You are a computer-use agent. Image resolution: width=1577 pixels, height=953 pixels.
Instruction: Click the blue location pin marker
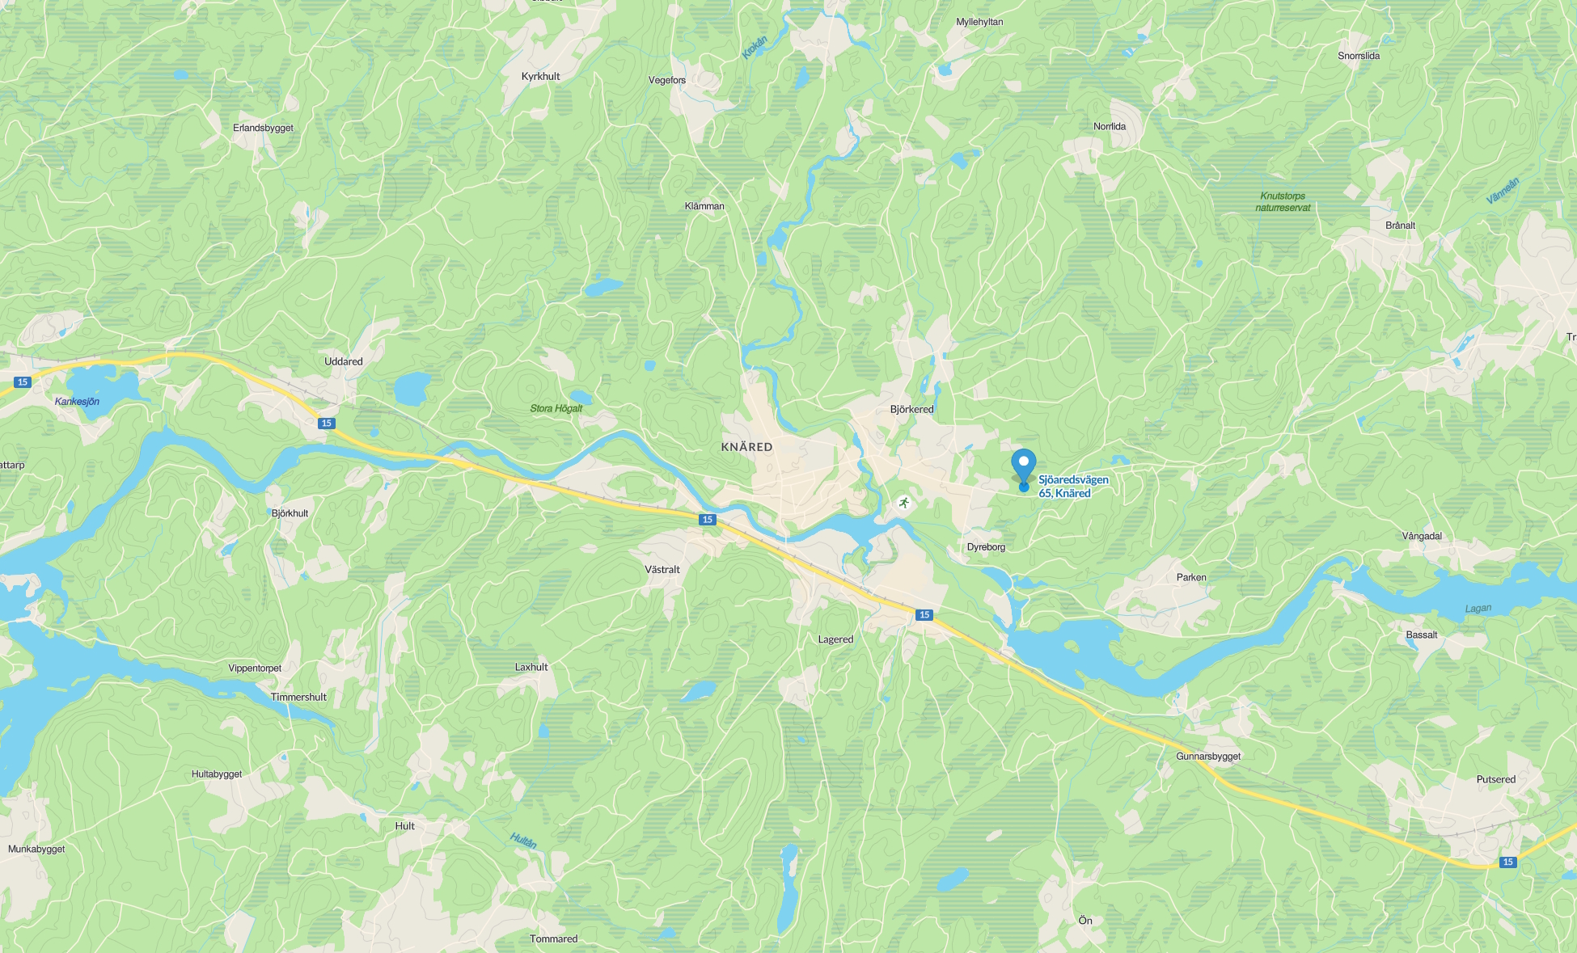pos(1024,466)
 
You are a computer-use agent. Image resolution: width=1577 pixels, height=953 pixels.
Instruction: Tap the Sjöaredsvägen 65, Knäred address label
pos(1072,487)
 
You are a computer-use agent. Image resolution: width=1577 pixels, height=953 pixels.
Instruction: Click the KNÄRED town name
pos(746,447)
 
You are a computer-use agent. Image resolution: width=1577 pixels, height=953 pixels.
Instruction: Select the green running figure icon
pos(903,503)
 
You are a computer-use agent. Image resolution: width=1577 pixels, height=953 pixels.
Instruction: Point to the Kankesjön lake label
pos(77,402)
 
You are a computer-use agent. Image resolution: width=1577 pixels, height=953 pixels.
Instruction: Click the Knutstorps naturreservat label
pos(1283,202)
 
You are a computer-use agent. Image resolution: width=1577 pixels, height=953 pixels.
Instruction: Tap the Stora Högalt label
pos(556,408)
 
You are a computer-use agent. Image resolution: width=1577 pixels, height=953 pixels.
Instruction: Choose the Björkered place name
pos(911,409)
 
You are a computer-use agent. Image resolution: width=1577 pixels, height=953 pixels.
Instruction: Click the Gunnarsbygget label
pos(1207,757)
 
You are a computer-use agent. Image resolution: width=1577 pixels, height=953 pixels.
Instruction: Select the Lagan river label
pos(1478,609)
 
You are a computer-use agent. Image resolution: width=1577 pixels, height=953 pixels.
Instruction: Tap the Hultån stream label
pos(523,841)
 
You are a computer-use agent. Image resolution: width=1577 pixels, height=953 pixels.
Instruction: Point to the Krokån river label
pos(755,47)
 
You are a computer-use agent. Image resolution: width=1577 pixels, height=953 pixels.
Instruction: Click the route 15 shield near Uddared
pos(326,424)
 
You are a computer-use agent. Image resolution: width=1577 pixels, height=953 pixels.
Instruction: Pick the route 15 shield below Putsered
pos(1507,862)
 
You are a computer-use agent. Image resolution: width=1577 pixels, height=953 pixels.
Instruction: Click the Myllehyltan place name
pos(979,22)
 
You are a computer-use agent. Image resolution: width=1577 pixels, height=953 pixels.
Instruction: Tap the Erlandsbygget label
pos(263,128)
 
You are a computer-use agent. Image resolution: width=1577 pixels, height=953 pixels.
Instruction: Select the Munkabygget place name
pos(36,849)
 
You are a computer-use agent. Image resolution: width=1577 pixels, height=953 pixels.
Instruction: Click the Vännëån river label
pos(1503,190)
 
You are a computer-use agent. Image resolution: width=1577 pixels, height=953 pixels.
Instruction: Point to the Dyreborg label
pos(986,547)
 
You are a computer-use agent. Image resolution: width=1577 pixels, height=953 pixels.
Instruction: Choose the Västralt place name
pos(662,570)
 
